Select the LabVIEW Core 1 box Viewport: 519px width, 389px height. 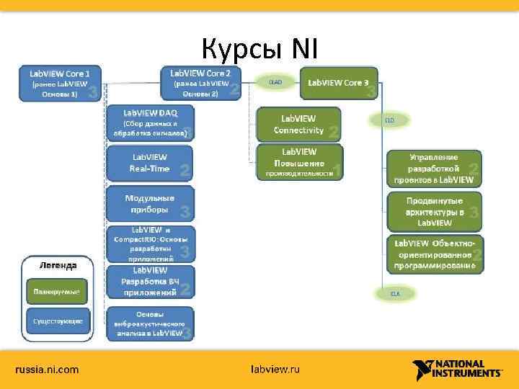[x=61, y=84]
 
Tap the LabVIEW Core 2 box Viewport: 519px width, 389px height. [x=200, y=84]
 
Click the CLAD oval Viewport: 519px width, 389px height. [x=275, y=83]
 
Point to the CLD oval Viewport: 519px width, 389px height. [x=389, y=120]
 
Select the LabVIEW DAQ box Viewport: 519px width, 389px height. [x=150, y=122]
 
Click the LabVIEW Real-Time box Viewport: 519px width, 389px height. [x=150, y=163]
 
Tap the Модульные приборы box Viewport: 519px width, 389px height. [x=150, y=204]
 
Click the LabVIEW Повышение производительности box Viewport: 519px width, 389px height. [x=299, y=162]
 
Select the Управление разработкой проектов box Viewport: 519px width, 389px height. [x=434, y=168]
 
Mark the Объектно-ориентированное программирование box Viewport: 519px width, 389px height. [x=434, y=254]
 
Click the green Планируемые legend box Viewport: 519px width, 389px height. [x=57, y=292]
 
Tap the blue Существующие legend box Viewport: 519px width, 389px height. [x=57, y=321]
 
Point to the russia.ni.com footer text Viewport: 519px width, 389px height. [x=48, y=370]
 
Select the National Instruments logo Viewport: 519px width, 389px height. [x=457, y=370]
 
